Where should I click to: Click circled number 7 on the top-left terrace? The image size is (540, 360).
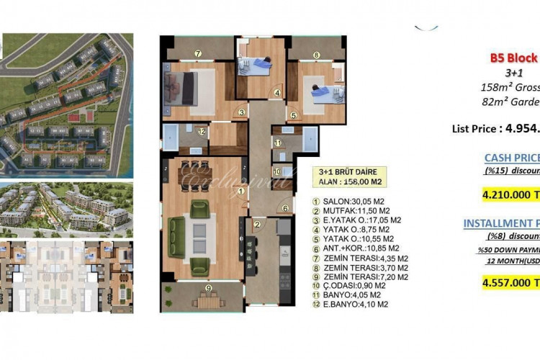click(197, 53)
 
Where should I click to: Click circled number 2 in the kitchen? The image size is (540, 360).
click(256, 225)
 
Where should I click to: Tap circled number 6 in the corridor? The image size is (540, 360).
click(285, 209)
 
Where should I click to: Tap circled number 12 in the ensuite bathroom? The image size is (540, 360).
click(202, 132)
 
